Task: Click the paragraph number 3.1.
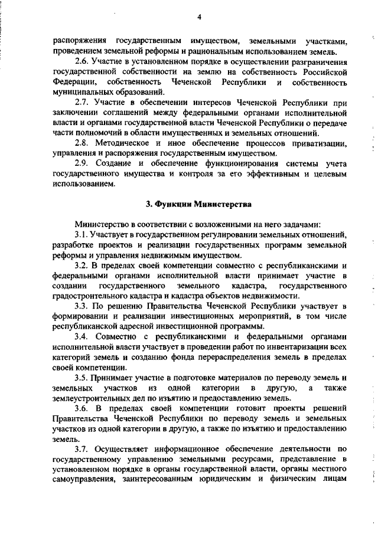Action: click(82, 235)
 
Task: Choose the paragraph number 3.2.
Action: click(82, 266)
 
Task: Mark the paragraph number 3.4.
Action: click(82, 336)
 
